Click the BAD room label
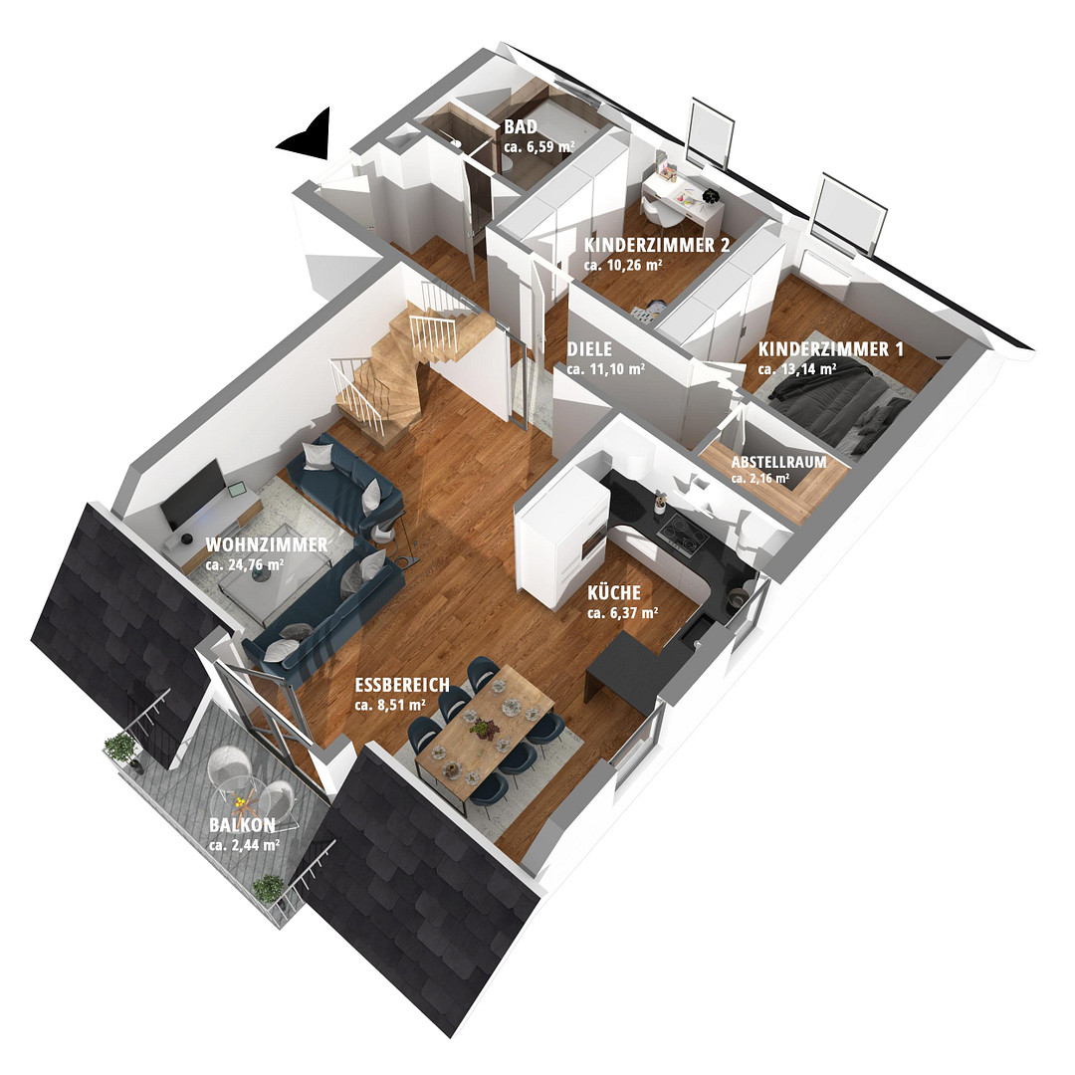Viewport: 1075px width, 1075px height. coord(521,126)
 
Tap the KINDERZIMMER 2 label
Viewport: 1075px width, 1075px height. coord(657,246)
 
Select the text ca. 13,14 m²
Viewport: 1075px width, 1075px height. coord(797,369)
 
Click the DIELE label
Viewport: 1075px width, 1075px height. coord(589,348)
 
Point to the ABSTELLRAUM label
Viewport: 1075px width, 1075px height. coord(778,462)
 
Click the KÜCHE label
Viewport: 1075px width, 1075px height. coord(614,592)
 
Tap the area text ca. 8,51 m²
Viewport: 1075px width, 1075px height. coord(390,704)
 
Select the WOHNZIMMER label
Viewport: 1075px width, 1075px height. coord(267,545)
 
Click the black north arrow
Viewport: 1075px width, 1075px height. coord(308,134)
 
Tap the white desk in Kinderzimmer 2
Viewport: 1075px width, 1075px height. coord(682,200)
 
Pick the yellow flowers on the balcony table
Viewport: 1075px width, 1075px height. coord(239,801)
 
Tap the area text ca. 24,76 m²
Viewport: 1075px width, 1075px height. coord(245,565)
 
